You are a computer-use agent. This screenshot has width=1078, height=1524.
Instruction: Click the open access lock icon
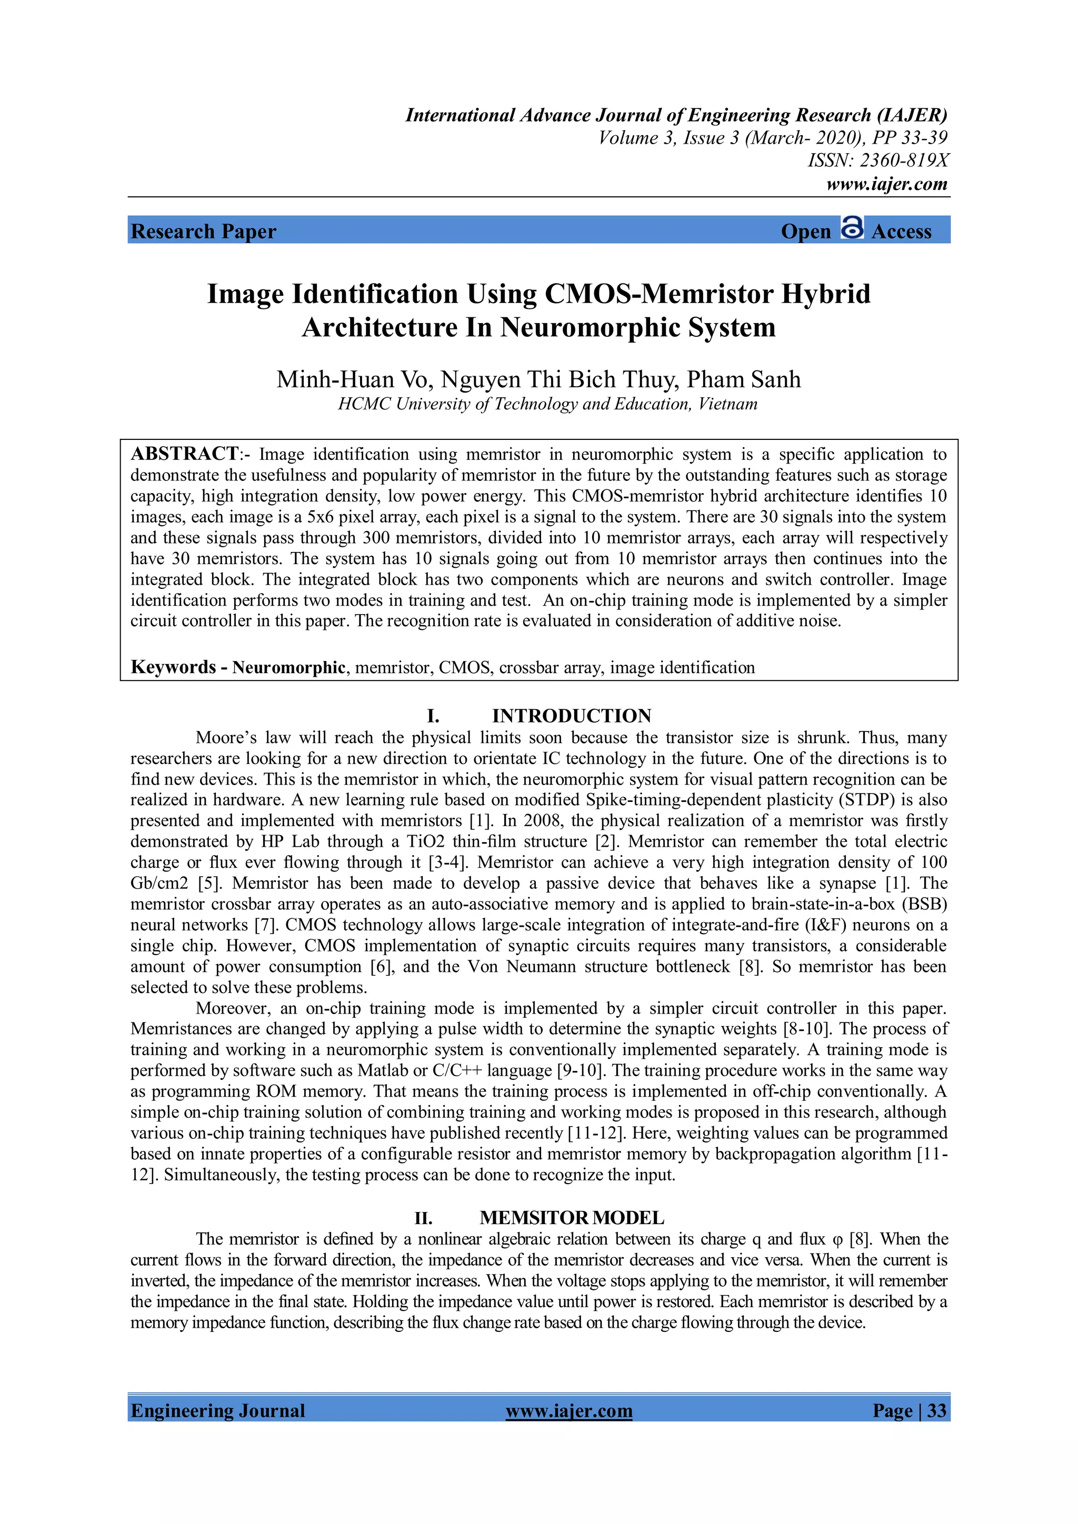(x=852, y=228)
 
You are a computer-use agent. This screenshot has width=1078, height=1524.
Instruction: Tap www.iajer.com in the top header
(x=887, y=184)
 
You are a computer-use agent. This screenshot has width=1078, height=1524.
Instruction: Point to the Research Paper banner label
(x=203, y=231)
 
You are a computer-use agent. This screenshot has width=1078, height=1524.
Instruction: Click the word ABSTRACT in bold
(x=185, y=454)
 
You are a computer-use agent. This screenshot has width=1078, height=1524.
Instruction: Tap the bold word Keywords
(x=173, y=667)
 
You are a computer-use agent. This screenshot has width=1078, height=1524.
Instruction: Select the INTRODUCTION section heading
(x=572, y=716)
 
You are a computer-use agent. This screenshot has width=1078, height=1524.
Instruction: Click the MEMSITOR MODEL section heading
(x=572, y=1218)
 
